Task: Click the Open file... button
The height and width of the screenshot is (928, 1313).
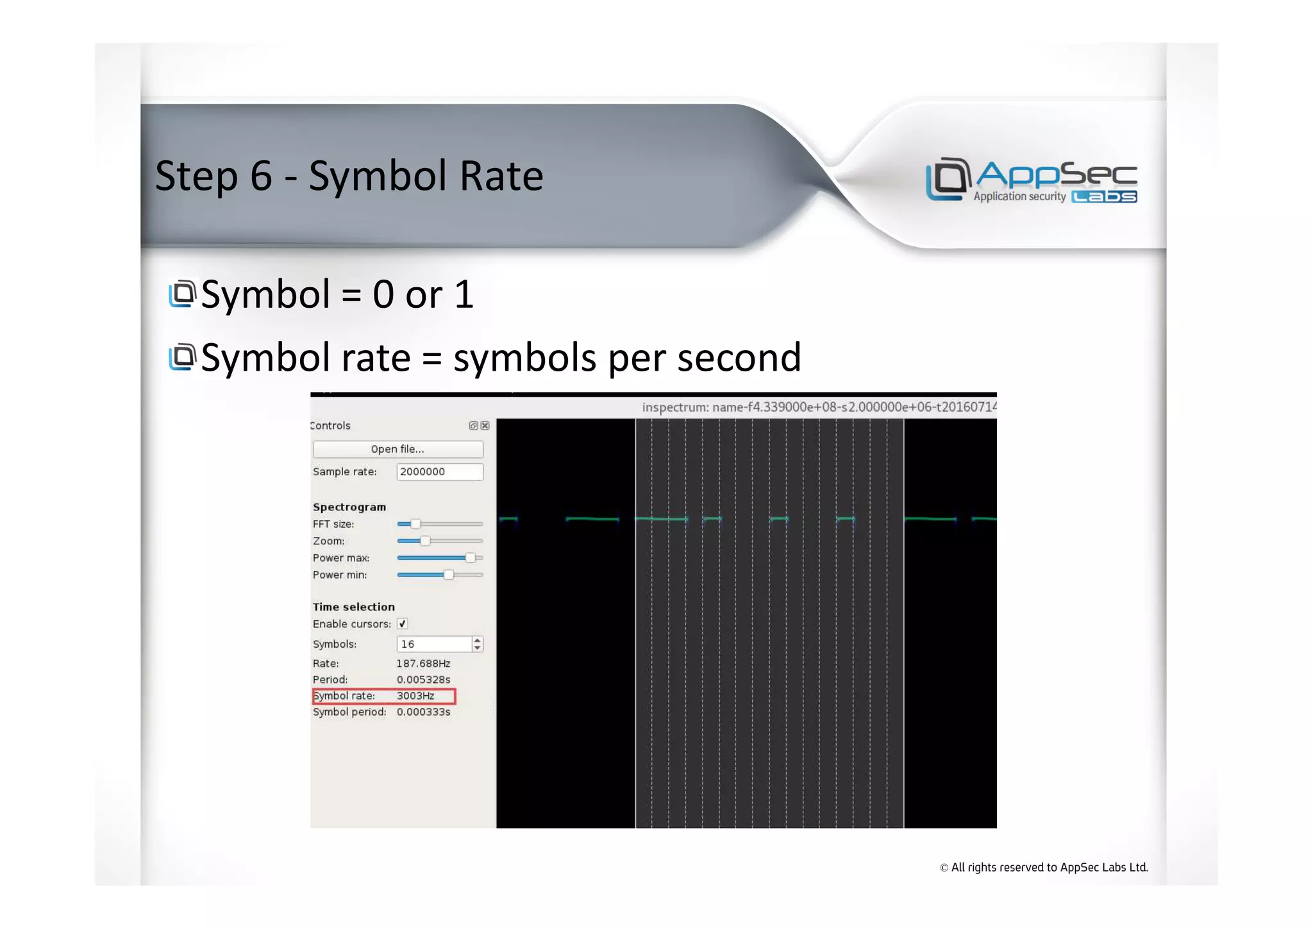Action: click(397, 449)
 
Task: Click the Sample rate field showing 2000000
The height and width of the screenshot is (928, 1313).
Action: click(439, 472)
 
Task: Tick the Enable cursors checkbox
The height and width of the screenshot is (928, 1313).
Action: click(403, 624)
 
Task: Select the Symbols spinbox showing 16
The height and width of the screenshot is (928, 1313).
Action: click(434, 644)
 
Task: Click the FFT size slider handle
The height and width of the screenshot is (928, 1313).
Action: click(415, 524)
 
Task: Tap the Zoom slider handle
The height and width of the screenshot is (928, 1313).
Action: click(425, 541)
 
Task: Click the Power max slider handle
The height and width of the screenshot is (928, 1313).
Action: click(471, 558)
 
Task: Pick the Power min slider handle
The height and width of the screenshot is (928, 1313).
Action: click(449, 575)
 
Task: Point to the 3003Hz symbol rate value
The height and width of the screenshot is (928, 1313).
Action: click(415, 696)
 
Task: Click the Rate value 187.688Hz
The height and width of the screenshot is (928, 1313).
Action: click(423, 664)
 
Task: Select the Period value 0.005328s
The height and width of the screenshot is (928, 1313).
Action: click(423, 680)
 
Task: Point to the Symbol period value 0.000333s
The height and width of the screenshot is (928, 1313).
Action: click(423, 712)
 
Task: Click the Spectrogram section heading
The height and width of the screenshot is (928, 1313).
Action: click(349, 507)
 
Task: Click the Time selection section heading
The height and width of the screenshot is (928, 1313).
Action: click(354, 607)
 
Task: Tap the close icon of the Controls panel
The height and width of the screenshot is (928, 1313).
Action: click(485, 426)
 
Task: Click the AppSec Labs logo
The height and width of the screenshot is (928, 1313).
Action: click(1031, 180)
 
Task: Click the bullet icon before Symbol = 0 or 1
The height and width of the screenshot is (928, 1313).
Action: click(183, 294)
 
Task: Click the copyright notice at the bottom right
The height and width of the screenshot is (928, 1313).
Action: click(1044, 868)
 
